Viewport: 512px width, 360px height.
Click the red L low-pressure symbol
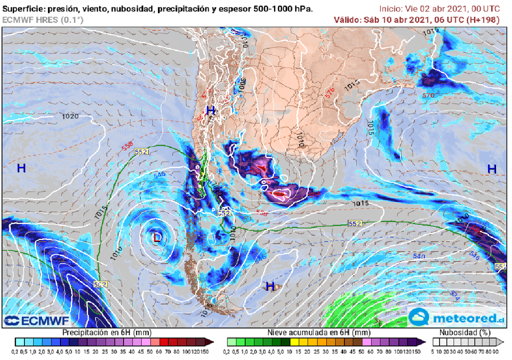[157, 237]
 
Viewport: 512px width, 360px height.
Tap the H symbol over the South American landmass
[211, 110]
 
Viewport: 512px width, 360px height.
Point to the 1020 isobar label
[70, 116]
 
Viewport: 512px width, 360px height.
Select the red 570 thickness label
[428, 95]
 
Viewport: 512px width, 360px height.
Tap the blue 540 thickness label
[419, 256]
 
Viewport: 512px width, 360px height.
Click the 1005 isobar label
[242, 84]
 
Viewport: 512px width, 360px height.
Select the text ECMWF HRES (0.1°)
[43, 19]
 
